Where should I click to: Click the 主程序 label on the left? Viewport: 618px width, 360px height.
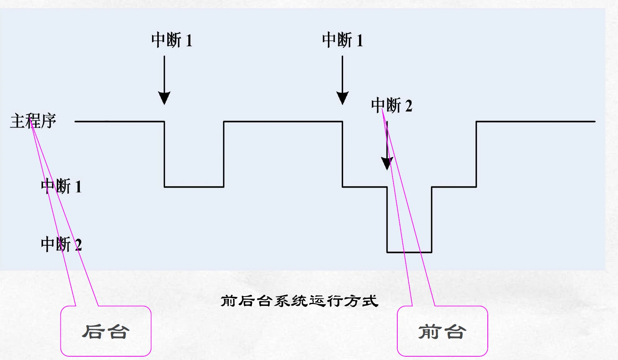tap(33, 121)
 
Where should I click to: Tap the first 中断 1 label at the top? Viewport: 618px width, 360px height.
tap(171, 40)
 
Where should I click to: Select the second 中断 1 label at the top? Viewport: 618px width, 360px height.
tap(342, 40)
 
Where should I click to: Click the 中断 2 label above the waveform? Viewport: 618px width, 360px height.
tap(391, 106)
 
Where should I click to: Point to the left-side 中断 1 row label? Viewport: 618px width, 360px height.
tap(61, 186)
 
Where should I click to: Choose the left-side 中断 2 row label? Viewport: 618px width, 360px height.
tap(61, 244)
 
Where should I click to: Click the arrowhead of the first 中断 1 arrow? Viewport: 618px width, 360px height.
tap(164, 98)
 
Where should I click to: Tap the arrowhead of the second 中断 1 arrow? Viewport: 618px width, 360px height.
tap(342, 98)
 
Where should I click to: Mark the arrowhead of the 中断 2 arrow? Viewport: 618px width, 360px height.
tap(387, 164)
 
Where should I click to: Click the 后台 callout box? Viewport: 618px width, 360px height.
tap(106, 331)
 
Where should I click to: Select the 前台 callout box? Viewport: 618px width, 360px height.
tap(442, 331)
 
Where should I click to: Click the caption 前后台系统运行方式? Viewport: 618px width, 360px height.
tap(299, 301)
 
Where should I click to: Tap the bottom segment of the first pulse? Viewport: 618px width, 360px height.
tap(194, 187)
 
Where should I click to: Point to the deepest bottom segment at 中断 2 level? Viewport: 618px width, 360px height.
tap(409, 252)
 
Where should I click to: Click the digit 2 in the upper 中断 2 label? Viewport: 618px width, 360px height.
tap(408, 106)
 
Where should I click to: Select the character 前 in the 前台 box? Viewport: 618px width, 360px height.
tap(429, 331)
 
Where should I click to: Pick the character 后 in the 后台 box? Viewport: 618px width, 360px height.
tap(92, 331)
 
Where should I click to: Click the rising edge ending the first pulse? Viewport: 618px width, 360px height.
tap(224, 154)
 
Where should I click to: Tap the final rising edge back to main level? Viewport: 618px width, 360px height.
tap(476, 154)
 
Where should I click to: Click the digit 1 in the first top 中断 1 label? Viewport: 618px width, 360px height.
tap(188, 40)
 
